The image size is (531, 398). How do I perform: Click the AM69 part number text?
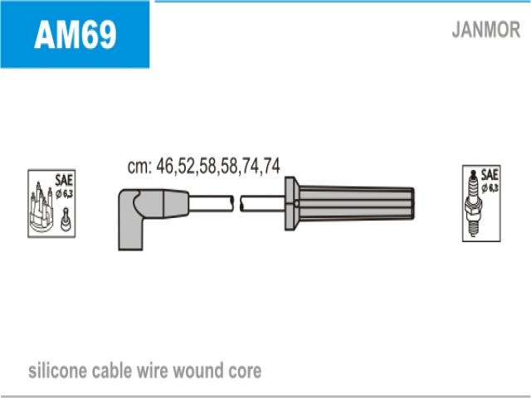point(76,34)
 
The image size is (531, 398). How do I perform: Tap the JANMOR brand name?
point(486,30)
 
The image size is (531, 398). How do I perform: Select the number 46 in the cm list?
point(165,166)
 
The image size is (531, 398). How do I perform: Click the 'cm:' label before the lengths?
point(139,167)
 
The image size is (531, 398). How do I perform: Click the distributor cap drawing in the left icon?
point(41,207)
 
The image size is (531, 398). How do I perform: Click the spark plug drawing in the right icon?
point(473,204)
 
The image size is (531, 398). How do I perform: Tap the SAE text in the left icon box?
point(64,180)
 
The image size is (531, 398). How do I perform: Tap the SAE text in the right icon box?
point(490,175)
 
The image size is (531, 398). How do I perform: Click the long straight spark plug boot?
point(349,203)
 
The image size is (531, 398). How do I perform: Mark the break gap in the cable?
point(236,203)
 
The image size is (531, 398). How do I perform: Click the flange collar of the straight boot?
point(292,203)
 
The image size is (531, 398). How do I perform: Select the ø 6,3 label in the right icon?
point(490,188)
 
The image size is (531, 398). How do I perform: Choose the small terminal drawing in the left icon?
point(66,219)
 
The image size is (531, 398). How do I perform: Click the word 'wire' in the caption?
point(152,371)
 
